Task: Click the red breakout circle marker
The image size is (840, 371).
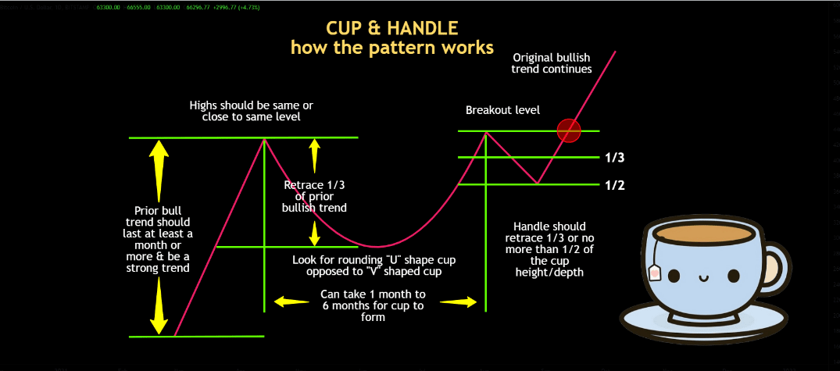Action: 569,131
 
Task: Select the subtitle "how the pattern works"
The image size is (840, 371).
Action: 391,47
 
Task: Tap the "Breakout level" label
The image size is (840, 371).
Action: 502,110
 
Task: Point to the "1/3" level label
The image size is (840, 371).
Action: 615,158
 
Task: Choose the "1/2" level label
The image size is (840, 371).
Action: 615,185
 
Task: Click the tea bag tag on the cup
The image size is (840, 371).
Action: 654,272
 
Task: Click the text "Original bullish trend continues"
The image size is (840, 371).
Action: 551,62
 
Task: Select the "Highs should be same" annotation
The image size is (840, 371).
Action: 245,110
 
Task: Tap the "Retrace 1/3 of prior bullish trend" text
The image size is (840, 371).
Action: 314,196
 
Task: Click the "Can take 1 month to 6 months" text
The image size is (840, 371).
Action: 374,305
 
